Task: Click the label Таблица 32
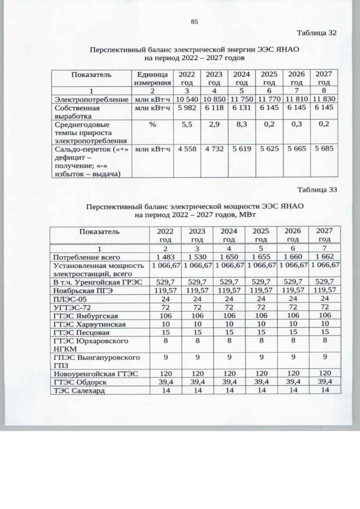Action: (317, 33)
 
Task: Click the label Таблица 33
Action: (317, 190)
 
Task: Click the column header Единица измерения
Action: (151, 79)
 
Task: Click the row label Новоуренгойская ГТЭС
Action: (94, 373)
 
